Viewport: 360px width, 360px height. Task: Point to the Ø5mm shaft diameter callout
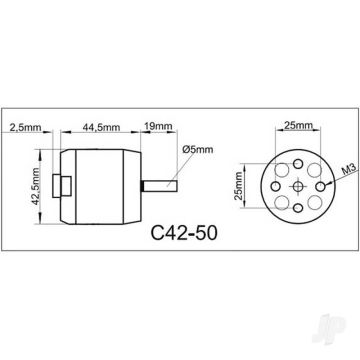[x=198, y=150]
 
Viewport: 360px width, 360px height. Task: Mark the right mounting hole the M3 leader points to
[x=320, y=187]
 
